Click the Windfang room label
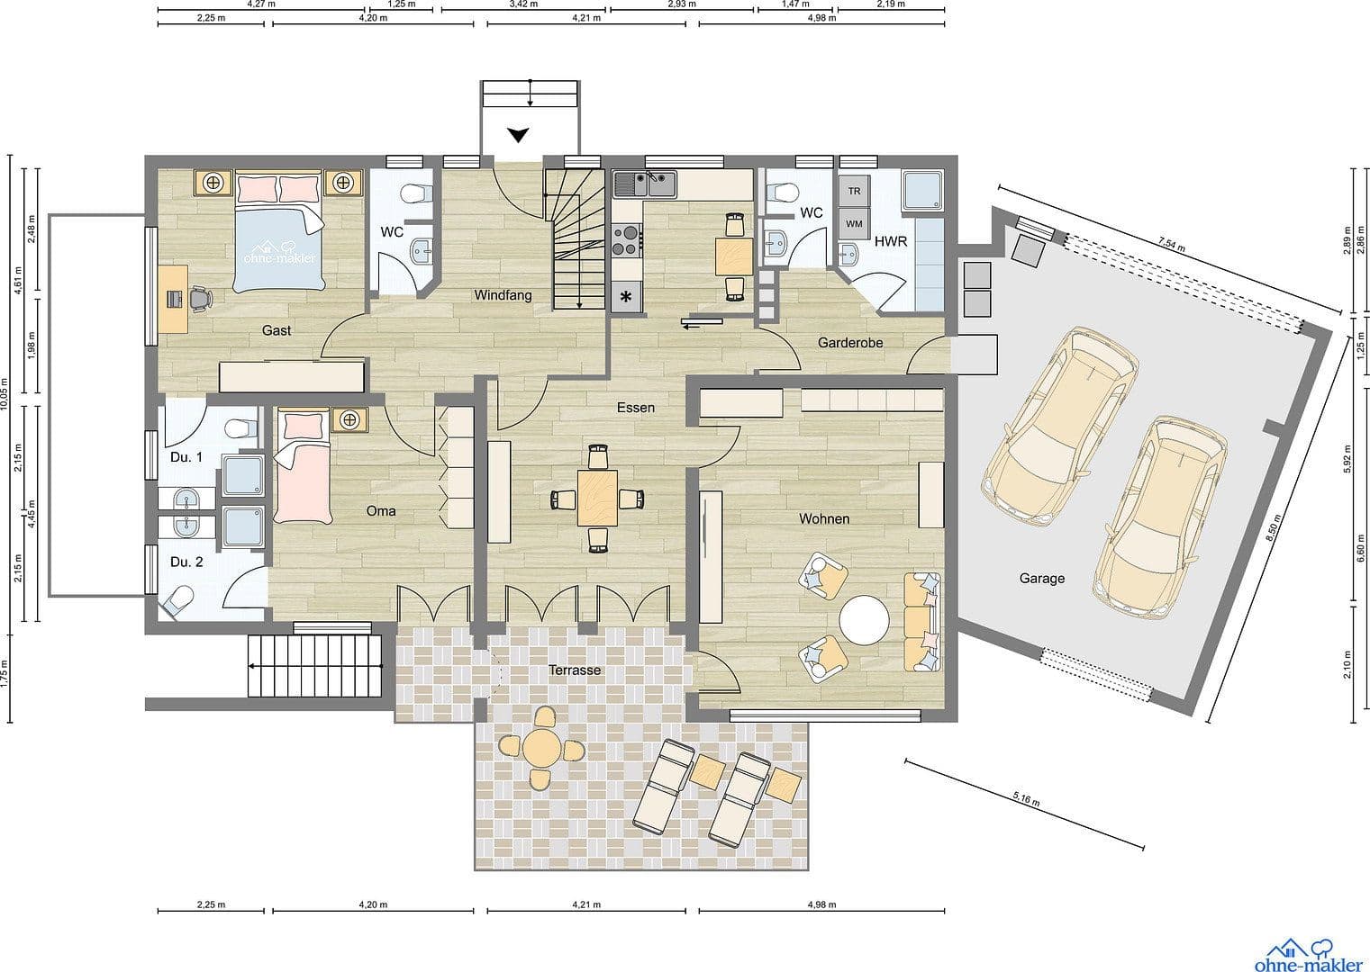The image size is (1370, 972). pyautogui.click(x=503, y=295)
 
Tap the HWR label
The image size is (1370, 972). pyautogui.click(x=891, y=241)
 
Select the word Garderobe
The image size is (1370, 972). pyautogui.click(x=850, y=343)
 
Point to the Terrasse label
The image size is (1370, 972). pyautogui.click(x=575, y=670)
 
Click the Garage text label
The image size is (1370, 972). pyautogui.click(x=1041, y=578)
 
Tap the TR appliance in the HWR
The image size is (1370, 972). pyautogui.click(x=854, y=191)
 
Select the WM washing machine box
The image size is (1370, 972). pyautogui.click(x=854, y=223)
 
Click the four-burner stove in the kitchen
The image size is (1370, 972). pyautogui.click(x=627, y=240)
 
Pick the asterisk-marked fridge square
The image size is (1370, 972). pyautogui.click(x=626, y=297)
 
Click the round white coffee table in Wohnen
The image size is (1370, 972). pyautogui.click(x=864, y=620)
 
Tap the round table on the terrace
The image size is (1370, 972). pyautogui.click(x=541, y=747)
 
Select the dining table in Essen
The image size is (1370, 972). pyautogui.click(x=597, y=498)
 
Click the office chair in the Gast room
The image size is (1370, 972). pyautogui.click(x=200, y=299)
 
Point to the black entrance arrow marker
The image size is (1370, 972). pyautogui.click(x=518, y=135)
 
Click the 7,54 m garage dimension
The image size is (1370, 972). pyautogui.click(x=1171, y=245)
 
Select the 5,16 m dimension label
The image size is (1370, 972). pyautogui.click(x=1026, y=799)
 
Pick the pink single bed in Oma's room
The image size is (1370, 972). pyautogui.click(x=303, y=467)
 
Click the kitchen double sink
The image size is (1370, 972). pyautogui.click(x=645, y=184)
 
